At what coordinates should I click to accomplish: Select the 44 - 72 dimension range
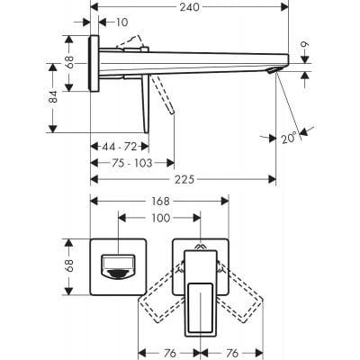[x=119, y=145]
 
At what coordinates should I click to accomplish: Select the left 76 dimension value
[x=169, y=351]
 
